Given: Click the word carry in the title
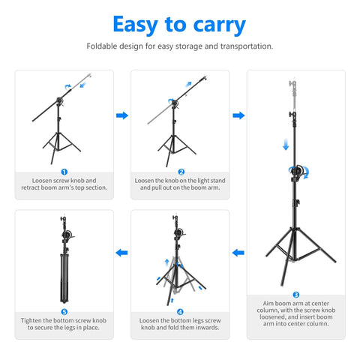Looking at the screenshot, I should pos(213,25).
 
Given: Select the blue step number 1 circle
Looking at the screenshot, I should pos(64,172).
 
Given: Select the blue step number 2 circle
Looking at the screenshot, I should pos(180,172).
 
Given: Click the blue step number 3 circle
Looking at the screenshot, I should pos(295,295).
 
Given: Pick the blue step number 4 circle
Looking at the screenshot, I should pos(180,311).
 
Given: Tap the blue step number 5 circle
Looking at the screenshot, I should pos(64,311).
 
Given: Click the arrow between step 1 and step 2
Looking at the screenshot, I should pos(121,115).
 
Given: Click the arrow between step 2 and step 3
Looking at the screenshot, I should pos(238,115).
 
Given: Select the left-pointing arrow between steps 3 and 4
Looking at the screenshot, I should pos(238,253).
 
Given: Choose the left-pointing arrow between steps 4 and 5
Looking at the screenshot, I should pos(121,253).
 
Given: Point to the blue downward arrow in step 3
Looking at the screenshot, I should pos(286,144).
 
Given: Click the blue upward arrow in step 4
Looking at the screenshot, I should pos(166,262).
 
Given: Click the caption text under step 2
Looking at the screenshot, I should pos(180,184).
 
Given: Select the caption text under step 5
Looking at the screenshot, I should pos(64,324).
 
